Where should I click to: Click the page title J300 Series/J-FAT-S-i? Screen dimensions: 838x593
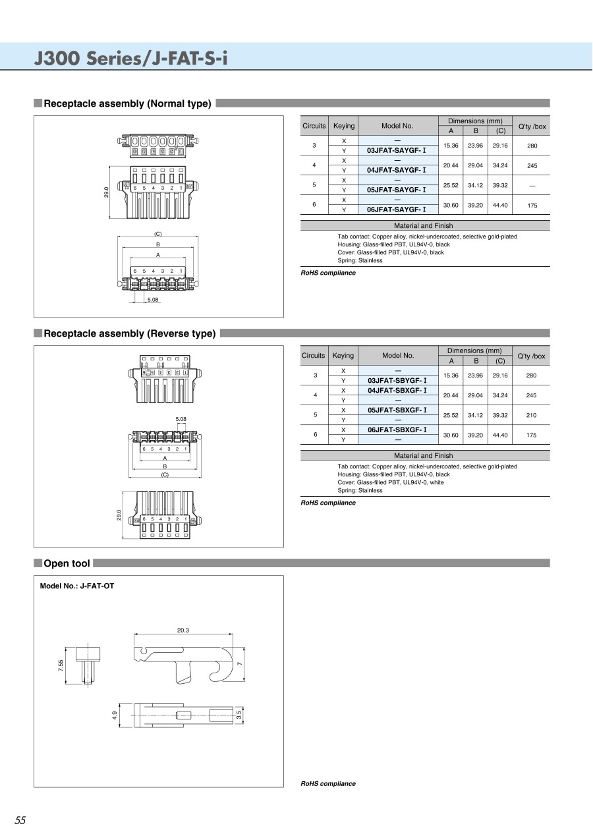(x=131, y=58)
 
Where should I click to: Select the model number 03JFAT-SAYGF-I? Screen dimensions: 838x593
(x=397, y=150)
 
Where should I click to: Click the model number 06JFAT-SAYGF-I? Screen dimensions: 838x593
(x=397, y=209)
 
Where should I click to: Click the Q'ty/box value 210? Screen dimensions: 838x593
(x=532, y=415)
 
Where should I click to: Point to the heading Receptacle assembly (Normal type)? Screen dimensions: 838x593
(x=127, y=103)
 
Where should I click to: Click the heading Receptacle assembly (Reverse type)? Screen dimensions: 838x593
(x=129, y=333)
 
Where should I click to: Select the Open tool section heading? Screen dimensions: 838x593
(x=67, y=563)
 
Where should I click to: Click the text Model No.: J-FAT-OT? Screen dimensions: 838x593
(x=77, y=586)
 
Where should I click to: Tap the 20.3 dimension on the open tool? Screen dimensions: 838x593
(x=183, y=630)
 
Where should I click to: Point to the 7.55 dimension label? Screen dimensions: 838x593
(x=61, y=666)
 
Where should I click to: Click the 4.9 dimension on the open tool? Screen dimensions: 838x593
(x=114, y=715)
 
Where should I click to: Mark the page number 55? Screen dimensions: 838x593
(x=20, y=820)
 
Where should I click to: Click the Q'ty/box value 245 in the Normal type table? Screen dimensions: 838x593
(x=532, y=165)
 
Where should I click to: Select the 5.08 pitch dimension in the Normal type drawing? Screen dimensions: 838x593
(x=153, y=300)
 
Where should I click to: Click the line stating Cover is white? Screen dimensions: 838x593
(x=391, y=482)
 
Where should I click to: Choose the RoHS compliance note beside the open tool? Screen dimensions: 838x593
(x=328, y=783)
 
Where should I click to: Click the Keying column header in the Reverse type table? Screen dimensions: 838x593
(x=343, y=356)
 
